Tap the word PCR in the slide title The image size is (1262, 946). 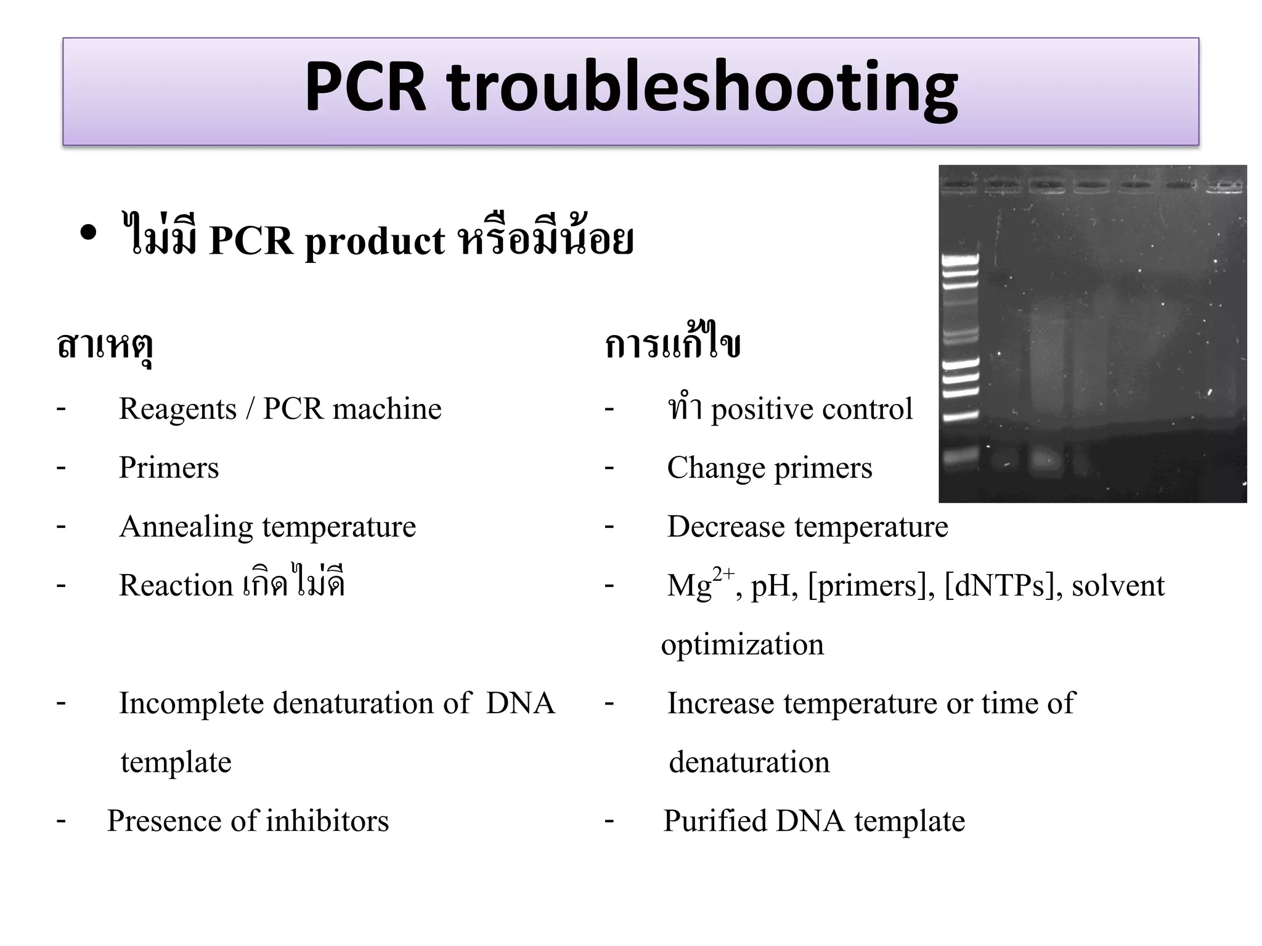(365, 87)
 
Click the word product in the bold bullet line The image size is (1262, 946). (375, 241)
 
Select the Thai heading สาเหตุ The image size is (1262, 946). (105, 346)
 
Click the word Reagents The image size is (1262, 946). (177, 409)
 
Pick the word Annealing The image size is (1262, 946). (185, 527)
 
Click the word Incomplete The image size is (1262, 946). (191, 703)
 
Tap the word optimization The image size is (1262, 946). (742, 645)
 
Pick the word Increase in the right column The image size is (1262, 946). (720, 703)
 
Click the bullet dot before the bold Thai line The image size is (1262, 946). (89, 233)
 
